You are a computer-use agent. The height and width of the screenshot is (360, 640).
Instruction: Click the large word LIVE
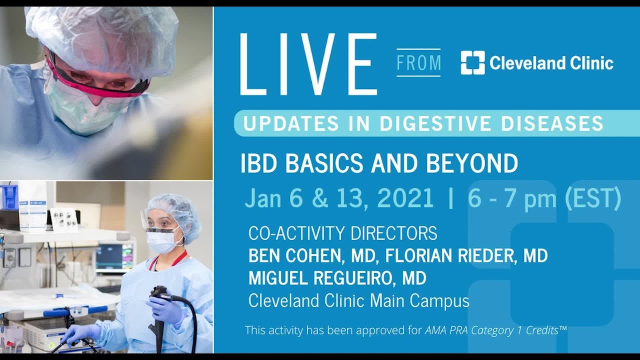(308, 64)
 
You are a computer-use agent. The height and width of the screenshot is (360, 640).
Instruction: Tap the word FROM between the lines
(418, 63)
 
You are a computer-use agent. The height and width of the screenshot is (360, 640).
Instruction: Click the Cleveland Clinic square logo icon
(472, 63)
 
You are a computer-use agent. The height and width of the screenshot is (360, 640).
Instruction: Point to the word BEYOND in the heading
(473, 163)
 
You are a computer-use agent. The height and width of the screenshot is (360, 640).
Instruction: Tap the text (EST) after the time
(593, 198)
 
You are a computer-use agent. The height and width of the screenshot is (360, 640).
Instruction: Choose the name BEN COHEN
(291, 256)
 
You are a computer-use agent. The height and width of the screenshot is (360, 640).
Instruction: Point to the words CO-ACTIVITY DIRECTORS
(342, 233)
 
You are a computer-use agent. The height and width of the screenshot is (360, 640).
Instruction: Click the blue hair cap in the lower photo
(172, 210)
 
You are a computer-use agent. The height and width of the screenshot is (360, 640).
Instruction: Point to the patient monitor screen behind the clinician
(115, 256)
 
